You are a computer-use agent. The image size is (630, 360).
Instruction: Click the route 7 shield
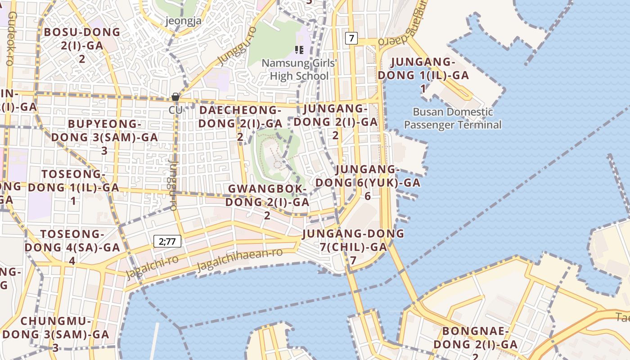tap(351, 38)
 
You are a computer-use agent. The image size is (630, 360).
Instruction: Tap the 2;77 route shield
tap(167, 241)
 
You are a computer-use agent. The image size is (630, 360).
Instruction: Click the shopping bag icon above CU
tap(175, 97)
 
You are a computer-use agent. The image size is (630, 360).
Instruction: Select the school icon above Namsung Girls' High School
tap(299, 49)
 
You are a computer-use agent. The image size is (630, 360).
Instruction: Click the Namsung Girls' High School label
tap(299, 69)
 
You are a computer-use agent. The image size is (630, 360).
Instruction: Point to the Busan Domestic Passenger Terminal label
tap(453, 118)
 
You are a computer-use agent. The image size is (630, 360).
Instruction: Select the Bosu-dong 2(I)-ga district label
tap(82, 45)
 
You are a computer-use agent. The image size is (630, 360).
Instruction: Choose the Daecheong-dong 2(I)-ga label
tap(240, 123)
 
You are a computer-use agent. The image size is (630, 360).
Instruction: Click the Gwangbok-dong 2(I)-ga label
tap(267, 202)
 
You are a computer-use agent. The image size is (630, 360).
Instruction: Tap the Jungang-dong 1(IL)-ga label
tap(423, 75)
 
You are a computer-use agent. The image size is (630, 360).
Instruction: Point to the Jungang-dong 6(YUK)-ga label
tap(368, 182)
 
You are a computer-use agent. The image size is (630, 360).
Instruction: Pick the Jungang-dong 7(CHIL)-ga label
tap(353, 247)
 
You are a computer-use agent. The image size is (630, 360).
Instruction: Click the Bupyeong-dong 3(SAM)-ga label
tap(104, 137)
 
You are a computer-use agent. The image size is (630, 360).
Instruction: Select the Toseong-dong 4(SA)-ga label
tap(72, 247)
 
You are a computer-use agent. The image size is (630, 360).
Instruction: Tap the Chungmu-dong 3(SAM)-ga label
tap(56, 334)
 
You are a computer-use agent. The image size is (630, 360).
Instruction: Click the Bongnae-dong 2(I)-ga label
tap(475, 344)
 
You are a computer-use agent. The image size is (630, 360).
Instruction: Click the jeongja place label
tap(183, 20)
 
